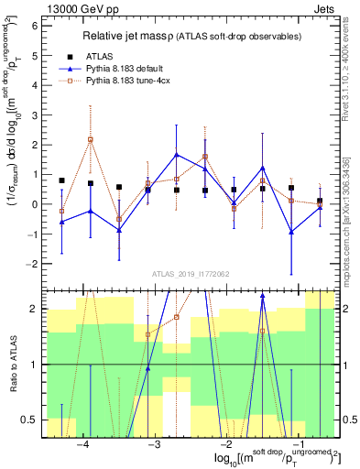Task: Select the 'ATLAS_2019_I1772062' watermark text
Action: pos(190,274)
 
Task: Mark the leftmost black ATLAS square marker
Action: pos(61,180)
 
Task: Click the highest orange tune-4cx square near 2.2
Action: pos(90,139)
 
